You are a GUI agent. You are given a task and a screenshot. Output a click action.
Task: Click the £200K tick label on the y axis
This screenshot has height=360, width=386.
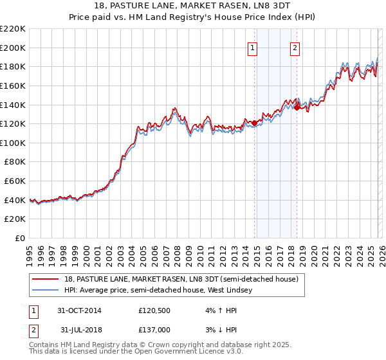click(13, 48)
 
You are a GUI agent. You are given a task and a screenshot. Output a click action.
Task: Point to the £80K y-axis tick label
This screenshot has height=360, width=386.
click(15, 162)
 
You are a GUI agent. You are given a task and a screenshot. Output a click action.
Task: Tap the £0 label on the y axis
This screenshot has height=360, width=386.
click(20, 239)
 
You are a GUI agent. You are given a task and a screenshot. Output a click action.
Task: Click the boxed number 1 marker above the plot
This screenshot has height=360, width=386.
click(252, 47)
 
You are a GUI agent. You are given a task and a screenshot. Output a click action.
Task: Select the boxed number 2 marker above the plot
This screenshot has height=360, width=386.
click(295, 47)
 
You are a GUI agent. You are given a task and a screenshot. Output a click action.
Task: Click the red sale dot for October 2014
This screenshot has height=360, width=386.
click(255, 123)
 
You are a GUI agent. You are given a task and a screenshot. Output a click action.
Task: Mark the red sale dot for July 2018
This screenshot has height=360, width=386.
click(297, 107)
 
